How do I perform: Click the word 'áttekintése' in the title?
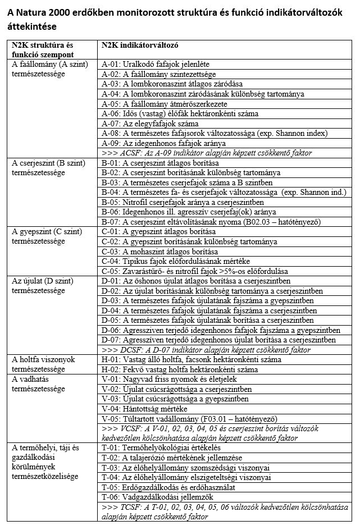tap(33, 26)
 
